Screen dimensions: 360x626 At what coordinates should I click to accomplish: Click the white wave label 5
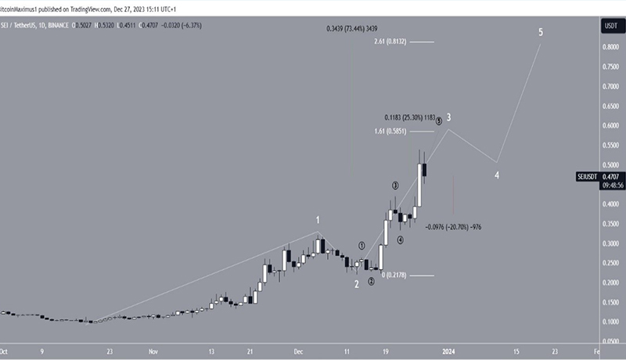pyautogui.click(x=540, y=33)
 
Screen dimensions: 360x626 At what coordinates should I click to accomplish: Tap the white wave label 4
pyautogui.click(x=497, y=175)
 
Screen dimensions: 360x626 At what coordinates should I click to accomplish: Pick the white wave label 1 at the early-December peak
pyautogui.click(x=318, y=221)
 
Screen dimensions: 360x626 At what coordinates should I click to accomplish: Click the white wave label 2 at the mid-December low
pyautogui.click(x=356, y=284)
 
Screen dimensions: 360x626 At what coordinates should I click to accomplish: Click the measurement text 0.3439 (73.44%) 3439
pyautogui.click(x=356, y=28)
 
